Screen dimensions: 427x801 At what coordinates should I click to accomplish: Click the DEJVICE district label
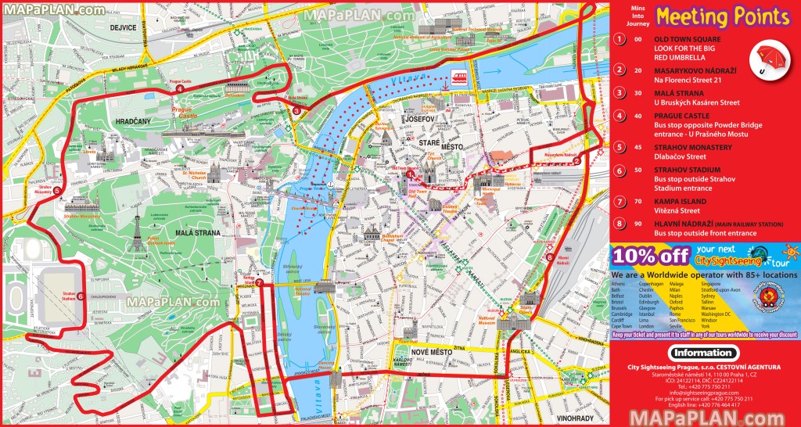point(124,27)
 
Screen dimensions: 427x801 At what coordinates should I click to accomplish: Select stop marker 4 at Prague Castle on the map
point(181,88)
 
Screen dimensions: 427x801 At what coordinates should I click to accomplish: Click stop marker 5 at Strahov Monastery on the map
point(56,189)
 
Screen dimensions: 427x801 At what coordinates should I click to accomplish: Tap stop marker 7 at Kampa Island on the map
point(259,283)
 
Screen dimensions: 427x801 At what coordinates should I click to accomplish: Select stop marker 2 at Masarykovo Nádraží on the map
point(577,163)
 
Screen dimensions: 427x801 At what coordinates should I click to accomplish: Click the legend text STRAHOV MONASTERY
point(693,147)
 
